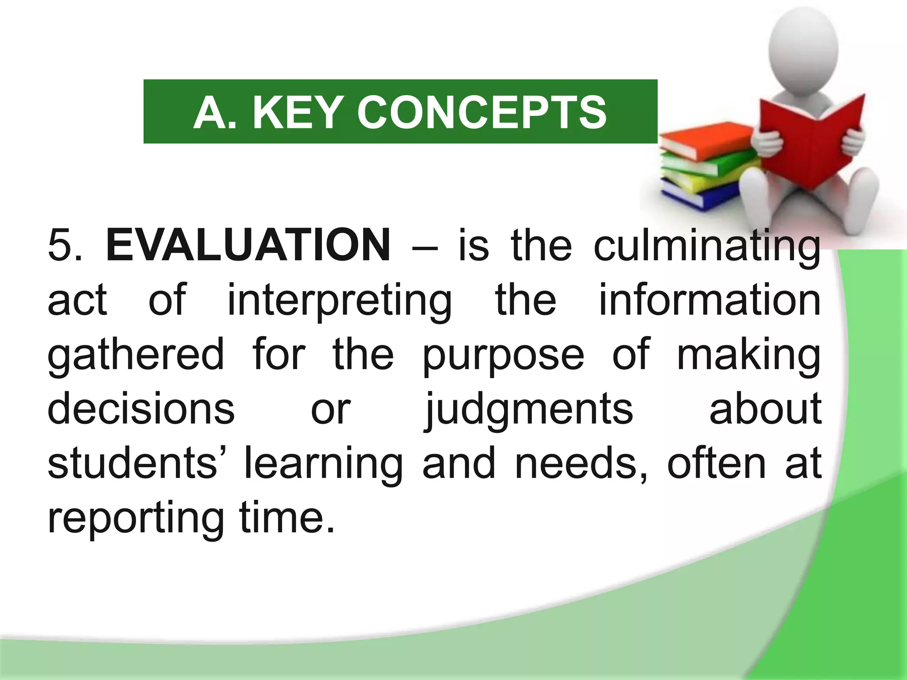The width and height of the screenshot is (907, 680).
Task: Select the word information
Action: [710, 300]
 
